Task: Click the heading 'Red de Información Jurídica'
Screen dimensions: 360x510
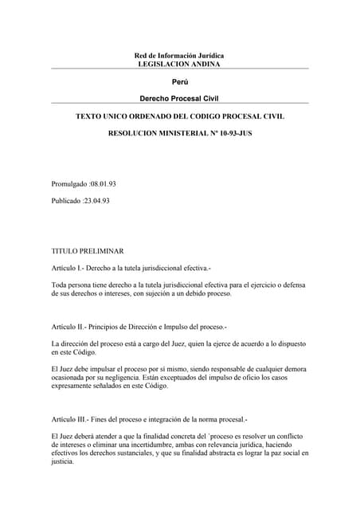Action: click(x=179, y=55)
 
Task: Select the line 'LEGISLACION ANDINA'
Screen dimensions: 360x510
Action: click(x=179, y=63)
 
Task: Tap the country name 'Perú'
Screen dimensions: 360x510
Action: click(x=179, y=82)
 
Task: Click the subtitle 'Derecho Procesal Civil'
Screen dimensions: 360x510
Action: click(x=179, y=98)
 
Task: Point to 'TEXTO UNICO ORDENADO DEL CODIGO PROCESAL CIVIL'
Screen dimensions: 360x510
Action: click(x=179, y=116)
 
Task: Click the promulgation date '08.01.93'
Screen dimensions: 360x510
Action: click(x=96, y=185)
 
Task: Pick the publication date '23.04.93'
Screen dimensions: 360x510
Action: click(x=95, y=201)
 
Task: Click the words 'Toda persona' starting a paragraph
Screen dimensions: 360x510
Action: click(x=72, y=284)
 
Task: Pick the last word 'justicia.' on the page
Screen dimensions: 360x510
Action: click(x=64, y=461)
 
